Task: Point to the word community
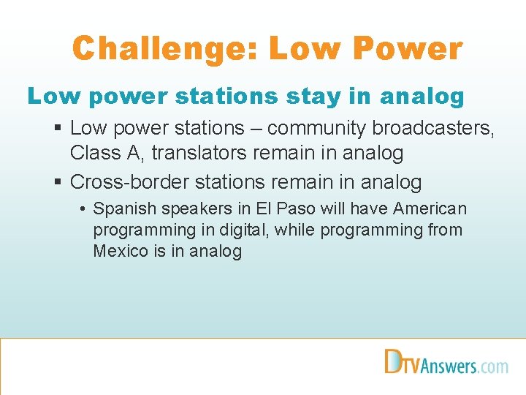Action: [317, 128]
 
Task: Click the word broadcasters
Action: [434, 128]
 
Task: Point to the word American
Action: [430, 208]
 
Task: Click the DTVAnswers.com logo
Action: [446, 363]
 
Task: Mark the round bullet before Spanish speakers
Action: [85, 209]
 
